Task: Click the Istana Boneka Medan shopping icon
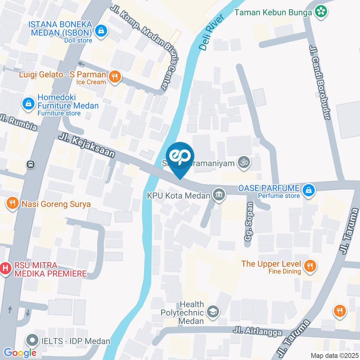[x=101, y=31]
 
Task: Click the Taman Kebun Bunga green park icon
[x=321, y=12]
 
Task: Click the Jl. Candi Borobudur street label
[x=320, y=82]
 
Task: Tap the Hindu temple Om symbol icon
[x=244, y=163]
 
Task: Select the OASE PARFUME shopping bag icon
[x=309, y=190]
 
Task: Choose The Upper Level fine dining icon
[x=310, y=266]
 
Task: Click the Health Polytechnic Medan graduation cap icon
[x=213, y=311]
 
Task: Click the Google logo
[x=20, y=352]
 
